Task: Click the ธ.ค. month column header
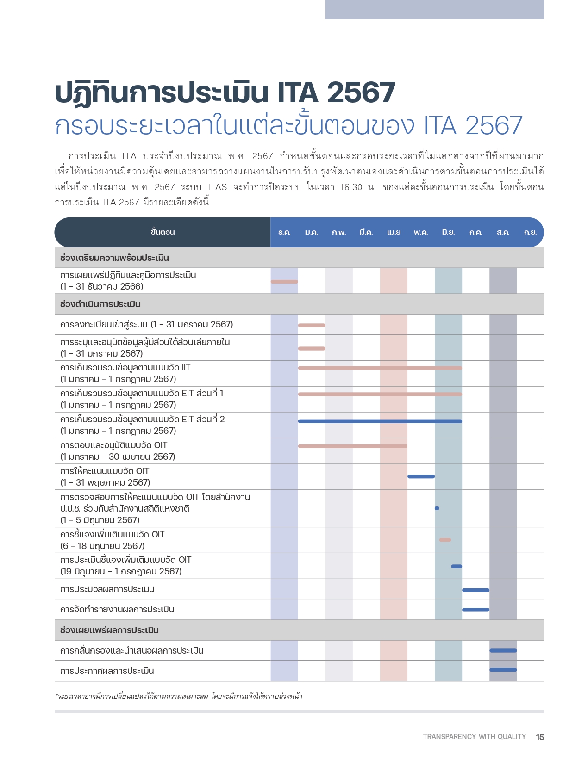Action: pyautogui.click(x=284, y=232)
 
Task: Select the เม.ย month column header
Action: pyautogui.click(x=394, y=232)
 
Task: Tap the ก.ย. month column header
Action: pyautogui.click(x=530, y=232)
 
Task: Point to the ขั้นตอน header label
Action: pyautogui.click(x=163, y=232)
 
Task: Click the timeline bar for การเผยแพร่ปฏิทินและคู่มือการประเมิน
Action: pyautogui.click(x=284, y=282)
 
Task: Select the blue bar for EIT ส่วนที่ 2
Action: pyautogui.click(x=380, y=421)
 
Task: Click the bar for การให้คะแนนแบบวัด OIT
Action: pyautogui.click(x=421, y=476)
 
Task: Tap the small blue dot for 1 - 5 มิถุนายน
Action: pyautogui.click(x=437, y=508)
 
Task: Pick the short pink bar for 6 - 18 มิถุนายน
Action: pyautogui.click(x=445, y=540)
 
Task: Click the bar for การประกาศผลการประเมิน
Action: pyautogui.click(x=503, y=670)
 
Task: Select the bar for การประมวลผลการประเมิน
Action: pyautogui.click(x=475, y=590)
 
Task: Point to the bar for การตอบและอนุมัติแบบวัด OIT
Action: pyautogui.click(x=353, y=446)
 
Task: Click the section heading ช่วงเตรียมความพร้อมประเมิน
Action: pyautogui.click(x=114, y=258)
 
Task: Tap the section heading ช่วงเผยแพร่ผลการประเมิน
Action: pyautogui.click(x=109, y=630)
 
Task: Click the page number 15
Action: pyautogui.click(x=540, y=737)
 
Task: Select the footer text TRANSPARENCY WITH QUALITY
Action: pyautogui.click(x=474, y=736)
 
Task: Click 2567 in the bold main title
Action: pyautogui.click(x=361, y=93)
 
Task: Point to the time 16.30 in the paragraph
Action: pyautogui.click(x=351, y=187)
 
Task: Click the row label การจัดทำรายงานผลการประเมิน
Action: pyautogui.click(x=117, y=610)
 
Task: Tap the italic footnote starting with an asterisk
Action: pyautogui.click(x=179, y=696)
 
